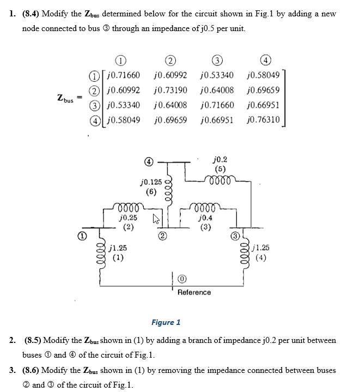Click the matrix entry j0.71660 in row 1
pyautogui.click(x=124, y=75)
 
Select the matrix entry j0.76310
pyautogui.click(x=264, y=120)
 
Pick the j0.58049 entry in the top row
pyautogui.click(x=264, y=75)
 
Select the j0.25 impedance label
pyautogui.click(x=127, y=218)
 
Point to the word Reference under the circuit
pyautogui.click(x=194, y=293)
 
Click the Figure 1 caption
pyautogui.click(x=166, y=322)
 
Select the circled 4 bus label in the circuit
pyautogui.click(x=149, y=162)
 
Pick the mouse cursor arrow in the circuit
pyautogui.click(x=156, y=219)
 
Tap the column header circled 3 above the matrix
pyautogui.click(x=217, y=61)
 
